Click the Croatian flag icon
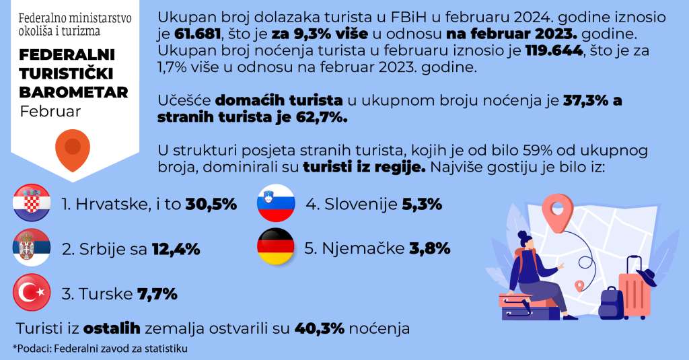[32, 203]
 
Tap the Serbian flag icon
[32, 248]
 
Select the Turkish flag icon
[32, 293]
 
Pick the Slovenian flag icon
[276, 203]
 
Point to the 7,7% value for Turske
[157, 293]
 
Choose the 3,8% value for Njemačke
[429, 248]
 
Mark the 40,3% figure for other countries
[320, 328]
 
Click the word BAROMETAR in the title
[73, 92]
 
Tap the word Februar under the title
[50, 111]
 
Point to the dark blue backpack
[610, 303]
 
